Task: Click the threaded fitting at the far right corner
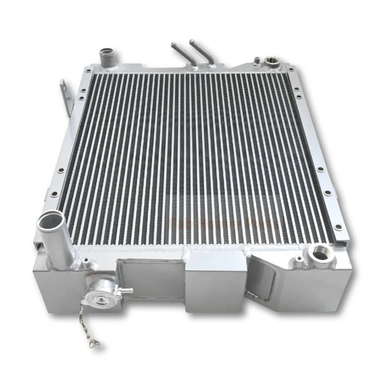[269, 60]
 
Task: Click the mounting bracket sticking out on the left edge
[66, 97]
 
